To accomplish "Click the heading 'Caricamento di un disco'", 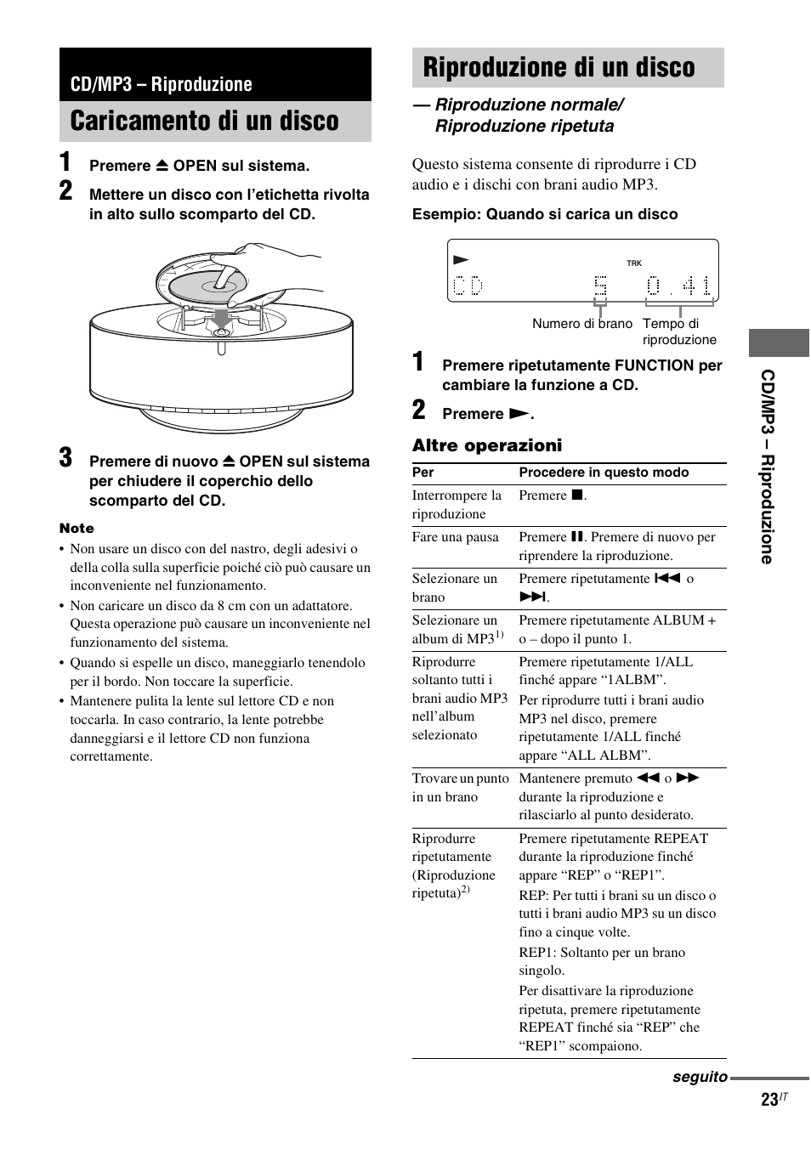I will pos(205,122).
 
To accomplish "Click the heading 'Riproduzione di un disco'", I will pos(559,68).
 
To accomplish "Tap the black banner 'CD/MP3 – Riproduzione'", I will pos(162,84).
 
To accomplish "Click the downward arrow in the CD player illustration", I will pos(221,318).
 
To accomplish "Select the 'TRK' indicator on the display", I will pos(634,263).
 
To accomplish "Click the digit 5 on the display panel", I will pos(601,286).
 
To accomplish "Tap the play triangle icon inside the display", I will pos(461,260).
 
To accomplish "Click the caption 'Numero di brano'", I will pos(582,324).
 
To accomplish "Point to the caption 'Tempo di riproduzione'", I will pos(678,331).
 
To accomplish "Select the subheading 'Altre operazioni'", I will pos(487,445).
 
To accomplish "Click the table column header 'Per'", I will pos(423,473).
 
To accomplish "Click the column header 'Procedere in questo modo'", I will pos(604,473).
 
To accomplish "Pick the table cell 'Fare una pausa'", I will pos(455,537).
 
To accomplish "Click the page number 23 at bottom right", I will pos(769,1100).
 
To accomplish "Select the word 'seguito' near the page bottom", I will pos(700,1077).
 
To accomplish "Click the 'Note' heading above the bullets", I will pos(77,529).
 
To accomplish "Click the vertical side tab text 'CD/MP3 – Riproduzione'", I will pos(768,467).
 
